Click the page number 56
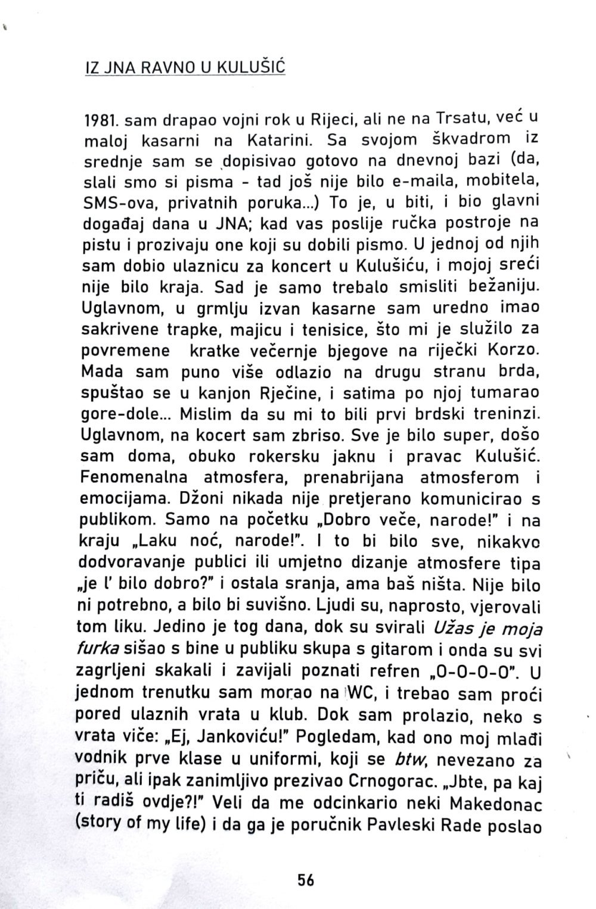tap(306, 880)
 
